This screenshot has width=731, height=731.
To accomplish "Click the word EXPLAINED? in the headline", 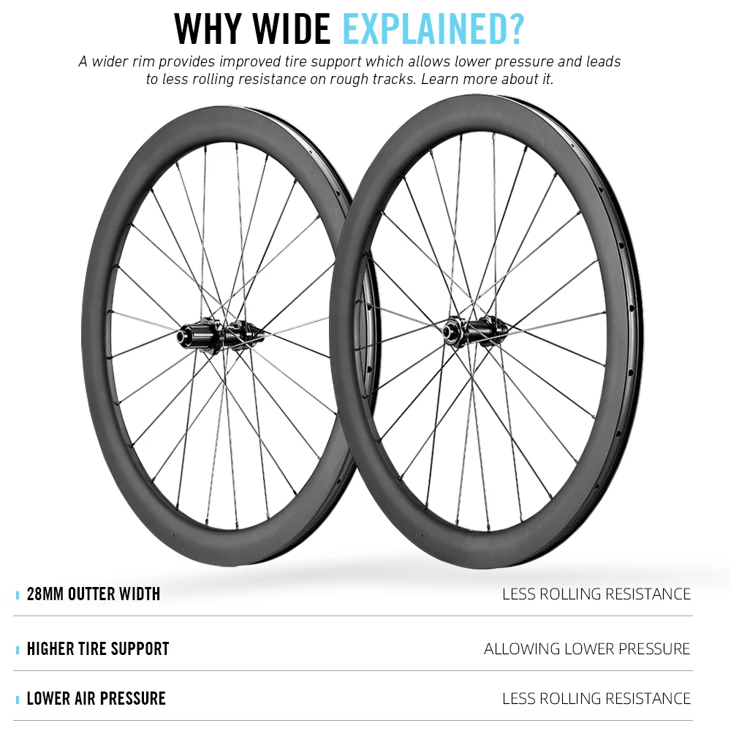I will (x=433, y=29).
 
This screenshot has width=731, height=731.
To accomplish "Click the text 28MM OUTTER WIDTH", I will (x=93, y=594).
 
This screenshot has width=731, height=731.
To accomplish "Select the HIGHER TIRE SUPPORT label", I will (x=97, y=648).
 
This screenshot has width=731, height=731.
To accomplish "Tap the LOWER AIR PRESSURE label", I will (x=96, y=698).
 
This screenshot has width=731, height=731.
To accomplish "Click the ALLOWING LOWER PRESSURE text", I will (x=587, y=648).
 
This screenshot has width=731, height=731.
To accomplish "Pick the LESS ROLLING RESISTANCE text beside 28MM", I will (x=596, y=594).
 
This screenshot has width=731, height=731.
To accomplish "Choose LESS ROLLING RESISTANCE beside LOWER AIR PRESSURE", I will (x=596, y=699).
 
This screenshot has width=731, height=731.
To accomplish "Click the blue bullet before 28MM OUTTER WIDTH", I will (x=18, y=595).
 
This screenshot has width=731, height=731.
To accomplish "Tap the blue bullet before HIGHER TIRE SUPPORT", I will (x=18, y=650).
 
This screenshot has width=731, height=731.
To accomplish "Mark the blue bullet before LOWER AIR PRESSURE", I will (x=18, y=700).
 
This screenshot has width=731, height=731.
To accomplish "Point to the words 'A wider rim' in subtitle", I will (x=116, y=62).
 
